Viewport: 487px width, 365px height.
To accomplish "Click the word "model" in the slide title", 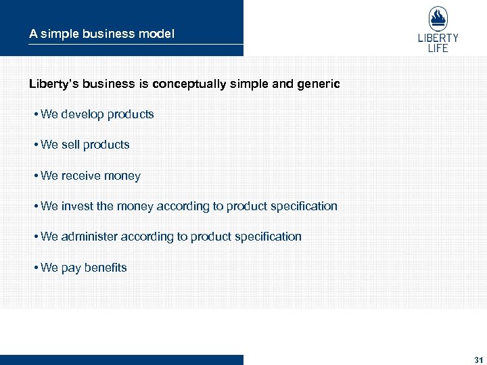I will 157,34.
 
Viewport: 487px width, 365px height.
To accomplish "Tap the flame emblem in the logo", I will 438,19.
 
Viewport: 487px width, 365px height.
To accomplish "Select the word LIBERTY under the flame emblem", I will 438,39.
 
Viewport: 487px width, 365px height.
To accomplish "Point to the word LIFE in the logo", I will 438,48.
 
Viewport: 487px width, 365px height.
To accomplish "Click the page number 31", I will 479,359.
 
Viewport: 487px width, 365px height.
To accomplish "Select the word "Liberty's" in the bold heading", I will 54,84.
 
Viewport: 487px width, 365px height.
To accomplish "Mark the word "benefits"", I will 106,268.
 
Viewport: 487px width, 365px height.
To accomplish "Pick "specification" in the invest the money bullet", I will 304,206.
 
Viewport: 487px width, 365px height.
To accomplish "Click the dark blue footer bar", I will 122,360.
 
